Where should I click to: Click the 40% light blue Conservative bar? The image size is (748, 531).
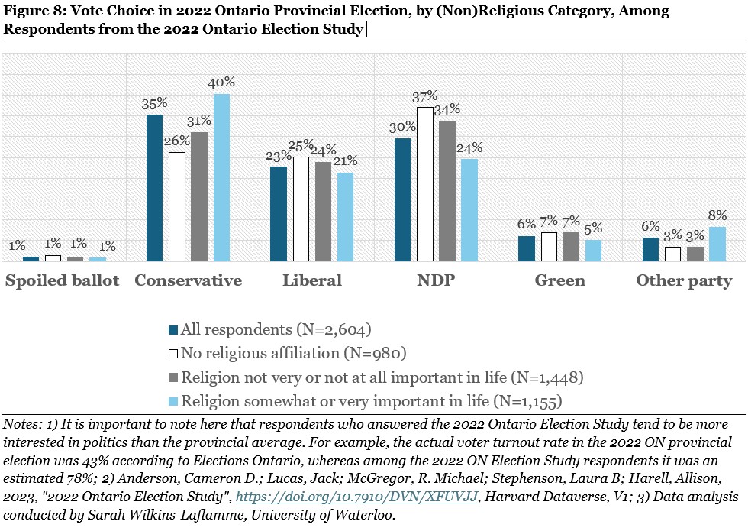coord(221,177)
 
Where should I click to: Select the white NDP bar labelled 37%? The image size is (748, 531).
coord(425,184)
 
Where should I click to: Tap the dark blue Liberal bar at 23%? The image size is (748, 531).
coord(279,214)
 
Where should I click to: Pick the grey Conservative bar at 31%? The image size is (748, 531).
coord(199,196)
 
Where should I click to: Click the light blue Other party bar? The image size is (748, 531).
coord(717,244)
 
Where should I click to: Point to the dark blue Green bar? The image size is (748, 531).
coord(527,248)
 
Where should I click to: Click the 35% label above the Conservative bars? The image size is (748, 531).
coord(154,104)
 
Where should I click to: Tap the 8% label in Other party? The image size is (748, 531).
coord(717,216)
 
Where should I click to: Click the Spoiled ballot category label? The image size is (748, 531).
coord(63,280)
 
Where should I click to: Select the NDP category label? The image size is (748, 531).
coord(436,280)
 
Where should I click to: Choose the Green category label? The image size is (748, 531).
coord(559,280)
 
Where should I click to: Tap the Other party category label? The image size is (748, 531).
coord(684,280)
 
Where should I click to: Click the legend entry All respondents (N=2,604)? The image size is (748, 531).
coord(276,330)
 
